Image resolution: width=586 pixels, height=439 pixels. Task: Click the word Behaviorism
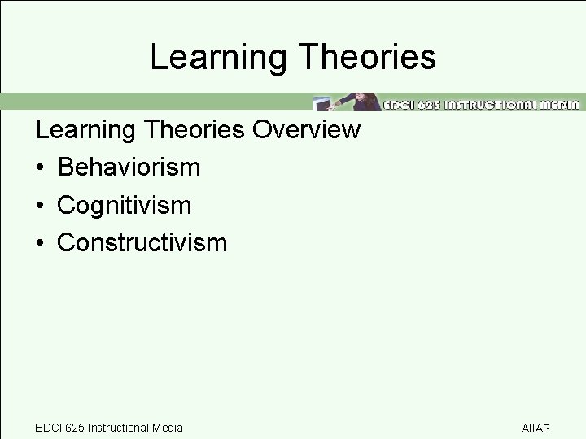tap(129, 167)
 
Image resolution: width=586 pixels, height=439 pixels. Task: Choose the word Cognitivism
tap(124, 205)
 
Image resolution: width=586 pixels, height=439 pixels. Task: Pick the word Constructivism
tap(142, 242)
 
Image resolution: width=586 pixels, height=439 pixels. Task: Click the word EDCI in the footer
tap(47, 428)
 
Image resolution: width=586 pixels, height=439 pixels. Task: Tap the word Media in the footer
tap(168, 428)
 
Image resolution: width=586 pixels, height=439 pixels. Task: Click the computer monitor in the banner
tap(320, 103)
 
